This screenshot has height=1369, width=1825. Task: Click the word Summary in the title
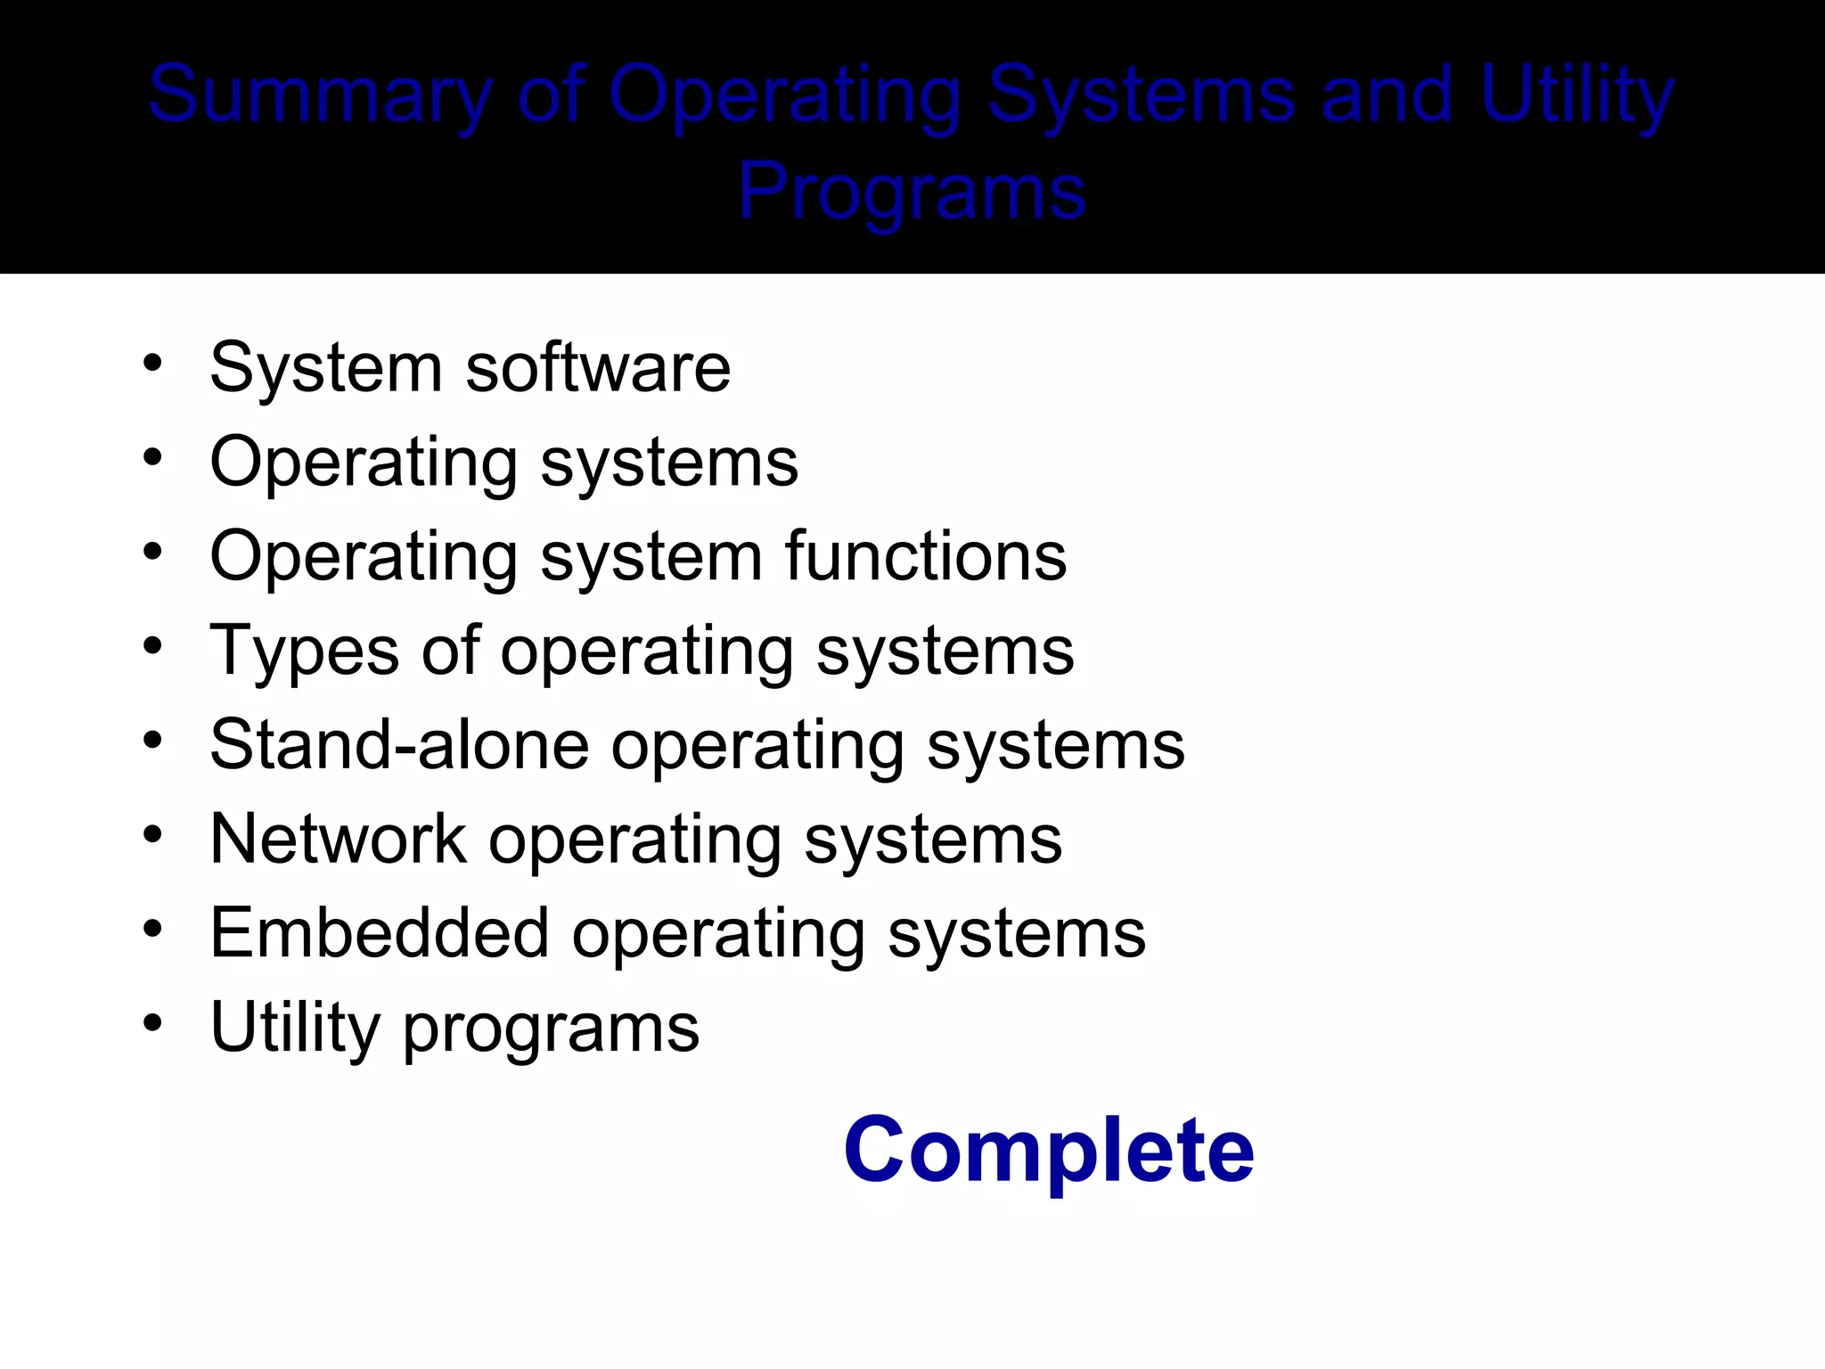[x=320, y=95]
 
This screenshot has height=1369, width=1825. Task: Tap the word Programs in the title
[x=912, y=191]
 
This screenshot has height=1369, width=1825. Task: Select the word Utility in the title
[x=1577, y=95]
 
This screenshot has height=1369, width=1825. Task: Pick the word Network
[x=338, y=840]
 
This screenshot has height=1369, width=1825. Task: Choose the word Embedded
[x=380, y=933]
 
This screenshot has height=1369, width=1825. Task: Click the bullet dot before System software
[x=153, y=363]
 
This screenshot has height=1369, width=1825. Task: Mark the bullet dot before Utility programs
[x=153, y=1022]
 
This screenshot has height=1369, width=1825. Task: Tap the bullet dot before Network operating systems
[x=153, y=834]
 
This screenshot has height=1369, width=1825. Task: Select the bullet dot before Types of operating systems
[x=153, y=645]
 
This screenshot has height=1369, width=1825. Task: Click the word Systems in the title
[x=1142, y=95]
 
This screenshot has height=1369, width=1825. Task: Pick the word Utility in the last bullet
[x=295, y=1029]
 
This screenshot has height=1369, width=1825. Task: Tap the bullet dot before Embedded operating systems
[x=153, y=929]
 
